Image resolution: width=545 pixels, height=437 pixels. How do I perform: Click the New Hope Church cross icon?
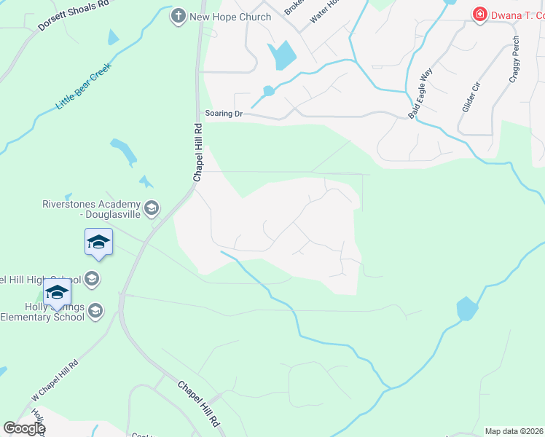pyautogui.click(x=179, y=16)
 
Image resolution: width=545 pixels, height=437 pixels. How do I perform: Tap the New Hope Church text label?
pyautogui.click(x=230, y=17)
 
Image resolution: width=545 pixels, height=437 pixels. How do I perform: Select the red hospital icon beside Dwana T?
pyautogui.click(x=479, y=15)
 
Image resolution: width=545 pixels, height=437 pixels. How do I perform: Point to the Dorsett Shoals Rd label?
pyautogui.click(x=73, y=15)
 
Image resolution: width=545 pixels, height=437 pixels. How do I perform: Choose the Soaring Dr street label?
pyautogui.click(x=223, y=114)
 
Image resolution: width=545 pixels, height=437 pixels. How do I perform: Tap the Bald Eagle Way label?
pyautogui.click(x=420, y=93)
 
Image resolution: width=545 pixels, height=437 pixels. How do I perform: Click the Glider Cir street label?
pyautogui.click(x=471, y=96)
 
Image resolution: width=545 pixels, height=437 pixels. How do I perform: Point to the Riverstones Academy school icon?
pyautogui.click(x=152, y=210)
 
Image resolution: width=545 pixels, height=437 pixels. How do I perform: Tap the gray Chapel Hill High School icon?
pyautogui.click(x=92, y=278)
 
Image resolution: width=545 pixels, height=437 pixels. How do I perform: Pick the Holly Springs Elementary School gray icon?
pyautogui.click(x=95, y=312)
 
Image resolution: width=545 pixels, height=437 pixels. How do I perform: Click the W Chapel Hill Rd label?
pyautogui.click(x=55, y=381)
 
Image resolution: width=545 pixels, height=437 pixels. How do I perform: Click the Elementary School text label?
pyautogui.click(x=42, y=317)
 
